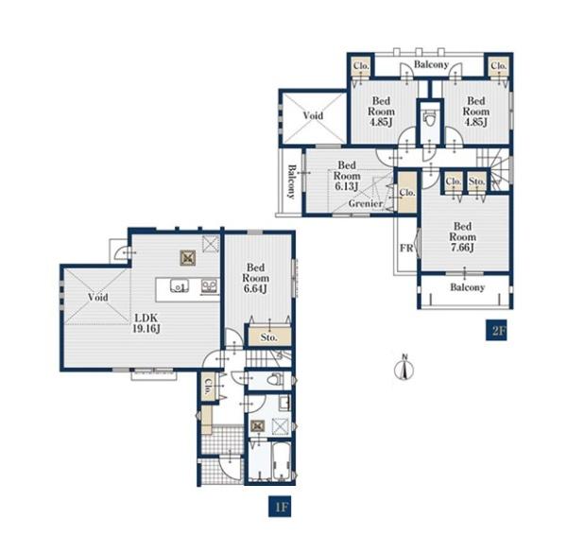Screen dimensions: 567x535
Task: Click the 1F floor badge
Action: pos(280,506)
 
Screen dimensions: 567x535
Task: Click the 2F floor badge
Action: pos(496,331)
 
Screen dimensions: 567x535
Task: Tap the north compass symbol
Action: pos(405,369)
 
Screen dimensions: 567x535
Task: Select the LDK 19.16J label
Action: pos(146,323)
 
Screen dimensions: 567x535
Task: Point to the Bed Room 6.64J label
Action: pos(256,278)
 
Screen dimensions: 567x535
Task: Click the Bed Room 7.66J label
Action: pos(462,237)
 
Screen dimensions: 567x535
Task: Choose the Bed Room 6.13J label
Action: pos(347,176)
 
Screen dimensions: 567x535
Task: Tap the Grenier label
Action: pos(366,203)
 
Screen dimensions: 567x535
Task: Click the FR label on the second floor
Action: pos(406,249)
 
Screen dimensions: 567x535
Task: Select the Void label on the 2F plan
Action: pos(313,115)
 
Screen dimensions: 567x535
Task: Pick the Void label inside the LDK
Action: pos(98,298)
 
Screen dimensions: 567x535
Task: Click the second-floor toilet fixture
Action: pos(430,118)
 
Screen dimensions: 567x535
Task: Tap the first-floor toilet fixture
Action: pos(275,379)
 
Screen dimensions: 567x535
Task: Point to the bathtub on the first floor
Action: pos(282,461)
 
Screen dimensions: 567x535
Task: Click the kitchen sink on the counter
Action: pos(180,285)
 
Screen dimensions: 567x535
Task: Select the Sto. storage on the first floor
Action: pos(269,337)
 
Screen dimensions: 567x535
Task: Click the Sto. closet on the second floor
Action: pos(477,181)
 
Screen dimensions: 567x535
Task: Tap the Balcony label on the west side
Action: pos(291,181)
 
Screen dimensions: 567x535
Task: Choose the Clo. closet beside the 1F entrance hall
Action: pos(208,387)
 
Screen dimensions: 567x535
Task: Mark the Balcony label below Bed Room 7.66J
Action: pos(467,287)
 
